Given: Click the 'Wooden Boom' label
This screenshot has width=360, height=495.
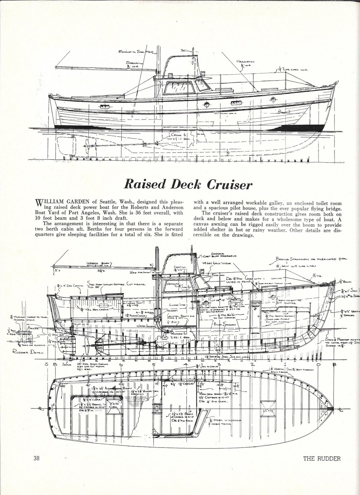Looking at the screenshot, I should tap(96, 263).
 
